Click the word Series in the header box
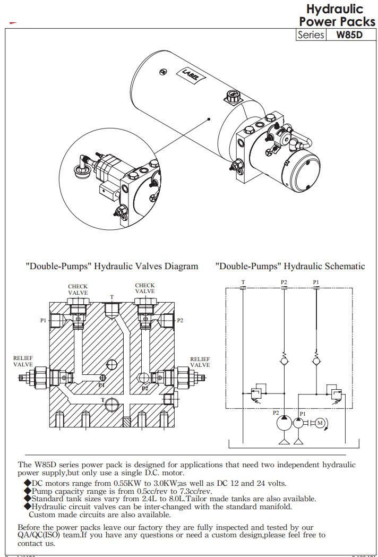(x=311, y=35)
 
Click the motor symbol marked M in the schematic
(x=319, y=423)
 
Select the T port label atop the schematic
(x=243, y=282)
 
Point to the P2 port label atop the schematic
(x=284, y=282)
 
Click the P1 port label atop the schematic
(x=316, y=282)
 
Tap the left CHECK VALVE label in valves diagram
(x=78, y=289)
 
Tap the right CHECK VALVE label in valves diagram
(x=145, y=288)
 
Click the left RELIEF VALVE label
(x=23, y=362)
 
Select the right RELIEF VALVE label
(x=200, y=362)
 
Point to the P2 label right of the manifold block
(x=180, y=320)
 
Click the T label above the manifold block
(x=111, y=297)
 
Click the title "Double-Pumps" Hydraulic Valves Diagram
(x=111, y=266)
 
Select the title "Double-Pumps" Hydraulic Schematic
(x=290, y=266)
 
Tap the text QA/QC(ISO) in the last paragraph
(x=41, y=535)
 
